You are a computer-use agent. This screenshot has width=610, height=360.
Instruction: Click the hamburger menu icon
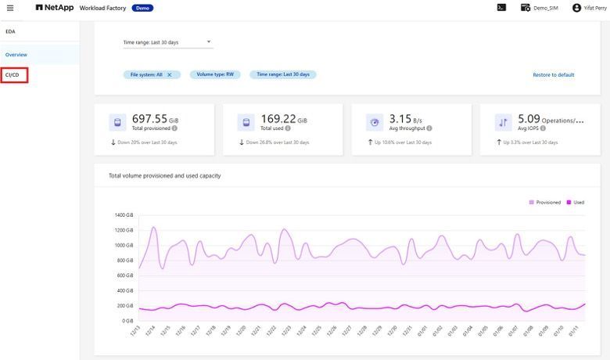(9, 7)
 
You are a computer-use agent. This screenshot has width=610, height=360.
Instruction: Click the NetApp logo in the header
(54, 7)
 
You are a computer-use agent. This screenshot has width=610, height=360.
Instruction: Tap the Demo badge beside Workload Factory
(142, 8)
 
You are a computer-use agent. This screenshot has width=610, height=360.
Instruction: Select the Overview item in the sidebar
(16, 55)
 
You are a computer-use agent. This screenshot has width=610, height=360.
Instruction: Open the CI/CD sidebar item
(13, 75)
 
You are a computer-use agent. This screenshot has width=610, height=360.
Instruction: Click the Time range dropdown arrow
(209, 41)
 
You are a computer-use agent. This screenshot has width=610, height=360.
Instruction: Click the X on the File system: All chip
(170, 74)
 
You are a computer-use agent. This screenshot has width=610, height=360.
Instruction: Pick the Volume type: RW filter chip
(215, 74)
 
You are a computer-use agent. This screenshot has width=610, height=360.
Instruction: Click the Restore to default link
(553, 75)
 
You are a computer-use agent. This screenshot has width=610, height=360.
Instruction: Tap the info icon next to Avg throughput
(429, 128)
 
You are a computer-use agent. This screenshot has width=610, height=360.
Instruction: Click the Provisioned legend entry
(544, 202)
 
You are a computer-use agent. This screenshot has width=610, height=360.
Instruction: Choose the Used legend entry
(575, 202)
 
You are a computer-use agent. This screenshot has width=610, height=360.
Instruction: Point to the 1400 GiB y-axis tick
(124, 214)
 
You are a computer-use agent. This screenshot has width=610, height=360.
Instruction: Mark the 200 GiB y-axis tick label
(125, 306)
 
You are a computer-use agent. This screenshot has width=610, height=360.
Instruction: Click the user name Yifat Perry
(594, 8)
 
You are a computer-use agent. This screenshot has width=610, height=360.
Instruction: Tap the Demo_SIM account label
(545, 8)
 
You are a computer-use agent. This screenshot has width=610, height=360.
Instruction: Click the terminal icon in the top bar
(501, 7)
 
